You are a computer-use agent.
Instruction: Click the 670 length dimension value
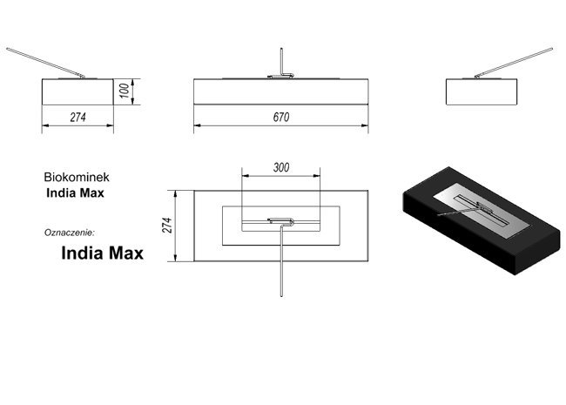(x=281, y=117)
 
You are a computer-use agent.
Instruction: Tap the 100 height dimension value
(x=124, y=91)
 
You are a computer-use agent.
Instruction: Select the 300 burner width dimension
(x=281, y=167)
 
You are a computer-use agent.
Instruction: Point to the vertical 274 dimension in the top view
(x=168, y=226)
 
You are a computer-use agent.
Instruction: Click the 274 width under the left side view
(x=78, y=118)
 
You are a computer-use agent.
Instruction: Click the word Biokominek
(x=77, y=177)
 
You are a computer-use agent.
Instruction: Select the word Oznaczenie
(x=70, y=233)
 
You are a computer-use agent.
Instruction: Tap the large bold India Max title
(x=103, y=253)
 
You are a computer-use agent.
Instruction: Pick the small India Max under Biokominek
(x=75, y=193)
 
